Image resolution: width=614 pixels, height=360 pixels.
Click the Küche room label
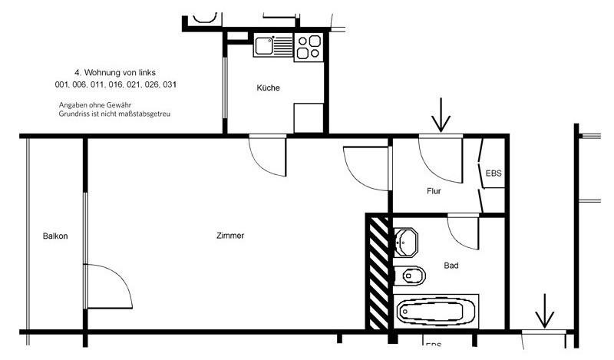pos(268,88)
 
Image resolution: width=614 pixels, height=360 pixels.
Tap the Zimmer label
pos(230,236)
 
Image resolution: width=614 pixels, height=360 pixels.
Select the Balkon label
pos(55,236)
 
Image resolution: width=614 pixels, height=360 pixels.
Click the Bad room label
pos(451,266)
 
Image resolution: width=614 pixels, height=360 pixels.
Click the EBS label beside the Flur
pos(494,173)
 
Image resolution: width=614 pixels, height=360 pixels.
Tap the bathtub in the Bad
pos(435,311)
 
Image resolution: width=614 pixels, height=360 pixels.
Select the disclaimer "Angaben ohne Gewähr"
pos(91,104)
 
